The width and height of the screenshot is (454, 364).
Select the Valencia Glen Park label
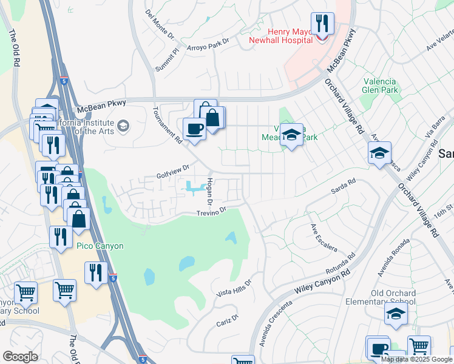(379, 86)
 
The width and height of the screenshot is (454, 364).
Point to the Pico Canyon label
(100, 246)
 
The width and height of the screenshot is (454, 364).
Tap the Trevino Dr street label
(211, 211)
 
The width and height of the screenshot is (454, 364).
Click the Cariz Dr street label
(227, 320)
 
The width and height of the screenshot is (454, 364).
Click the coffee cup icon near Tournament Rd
(194, 129)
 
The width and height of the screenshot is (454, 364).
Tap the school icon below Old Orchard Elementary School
(395, 314)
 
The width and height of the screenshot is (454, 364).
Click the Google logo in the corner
(20, 357)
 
